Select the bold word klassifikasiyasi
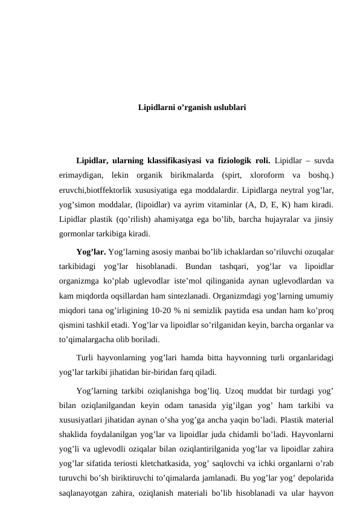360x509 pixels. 172,161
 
